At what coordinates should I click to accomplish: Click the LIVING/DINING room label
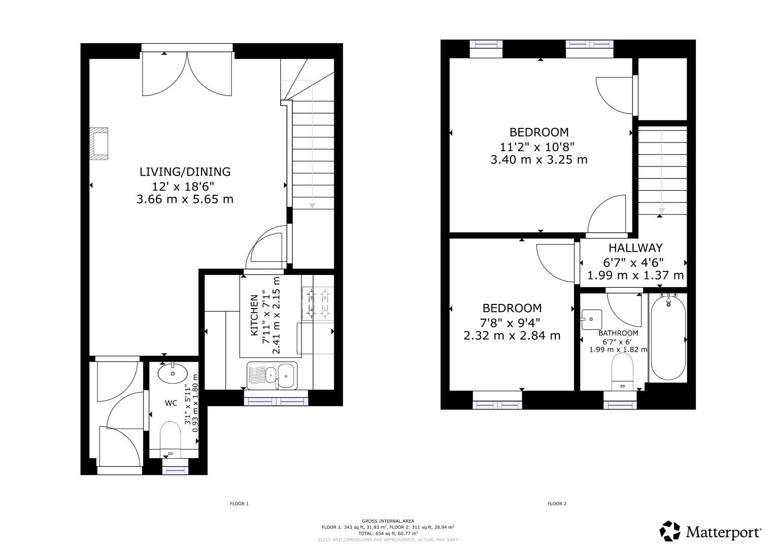(185, 172)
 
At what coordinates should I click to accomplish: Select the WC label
(171, 403)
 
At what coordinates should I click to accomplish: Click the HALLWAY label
(635, 248)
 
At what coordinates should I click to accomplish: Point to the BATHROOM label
(618, 333)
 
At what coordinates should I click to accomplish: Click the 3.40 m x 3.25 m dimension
(538, 160)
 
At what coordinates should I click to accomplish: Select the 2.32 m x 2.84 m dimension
(512, 335)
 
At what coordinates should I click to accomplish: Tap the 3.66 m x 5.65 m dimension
(185, 199)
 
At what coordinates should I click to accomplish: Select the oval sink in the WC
(172, 374)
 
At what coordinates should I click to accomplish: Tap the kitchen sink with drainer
(272, 375)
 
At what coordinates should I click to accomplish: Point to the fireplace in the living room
(99, 143)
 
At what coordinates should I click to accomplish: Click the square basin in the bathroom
(591, 320)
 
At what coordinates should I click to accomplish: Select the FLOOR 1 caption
(239, 504)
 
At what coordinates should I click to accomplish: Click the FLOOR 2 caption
(556, 504)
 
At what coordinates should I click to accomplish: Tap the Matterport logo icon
(670, 531)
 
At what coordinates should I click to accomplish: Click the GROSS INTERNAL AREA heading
(388, 521)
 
